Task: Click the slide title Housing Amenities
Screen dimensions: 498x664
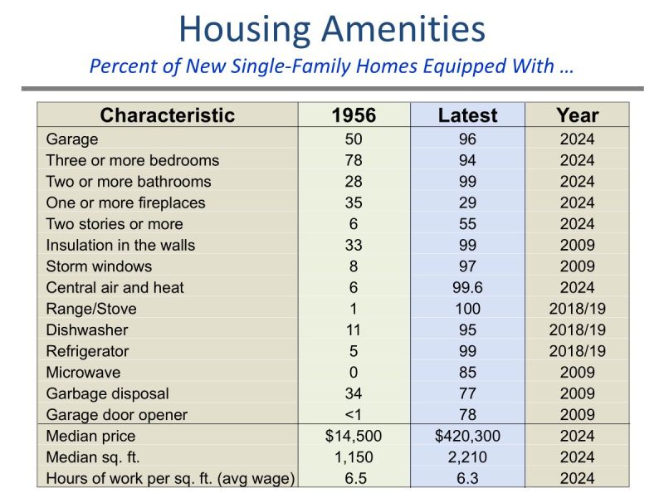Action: [x=332, y=29]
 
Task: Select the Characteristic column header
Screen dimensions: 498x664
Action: [x=168, y=115]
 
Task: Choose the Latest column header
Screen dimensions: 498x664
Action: [x=467, y=115]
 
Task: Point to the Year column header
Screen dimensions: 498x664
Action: [x=577, y=115]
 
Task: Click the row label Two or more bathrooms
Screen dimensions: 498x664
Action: [x=129, y=182]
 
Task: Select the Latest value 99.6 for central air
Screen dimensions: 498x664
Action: [x=467, y=288]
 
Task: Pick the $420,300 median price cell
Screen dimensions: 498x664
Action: [x=467, y=437]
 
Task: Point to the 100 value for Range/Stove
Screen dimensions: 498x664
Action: [x=467, y=309]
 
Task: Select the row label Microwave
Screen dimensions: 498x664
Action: [x=83, y=373]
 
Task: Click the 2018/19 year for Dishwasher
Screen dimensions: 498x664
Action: [x=577, y=330]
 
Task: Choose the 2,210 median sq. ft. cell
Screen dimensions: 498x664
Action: [x=467, y=457]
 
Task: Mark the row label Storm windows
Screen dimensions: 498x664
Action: [x=99, y=266]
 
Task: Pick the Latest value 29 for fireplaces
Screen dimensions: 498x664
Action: [x=467, y=203]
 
